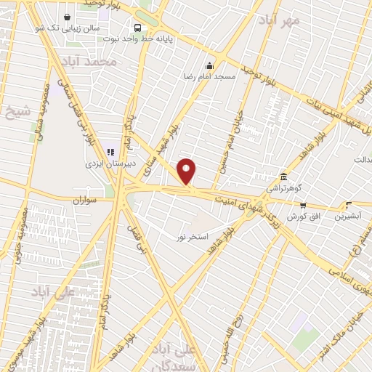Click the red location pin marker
click(x=187, y=171)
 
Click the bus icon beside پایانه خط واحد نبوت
click(x=137, y=27)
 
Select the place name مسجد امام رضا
click(x=209, y=75)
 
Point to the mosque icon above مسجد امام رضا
click(x=210, y=65)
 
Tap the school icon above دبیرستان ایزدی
click(x=110, y=153)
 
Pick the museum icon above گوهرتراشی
click(x=283, y=177)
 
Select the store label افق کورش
click(x=303, y=217)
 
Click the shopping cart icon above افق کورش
click(x=302, y=206)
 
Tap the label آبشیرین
click(x=349, y=216)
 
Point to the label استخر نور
click(x=193, y=237)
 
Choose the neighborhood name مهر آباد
click(x=283, y=20)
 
